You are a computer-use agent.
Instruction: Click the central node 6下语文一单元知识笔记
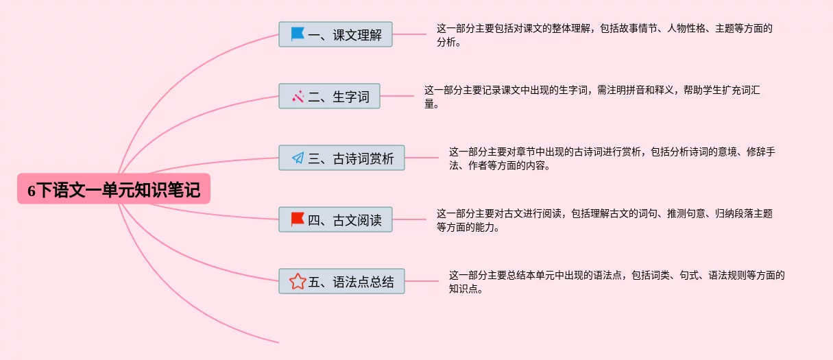pyautogui.click(x=114, y=189)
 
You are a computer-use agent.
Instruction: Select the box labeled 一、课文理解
pyautogui.click(x=335, y=34)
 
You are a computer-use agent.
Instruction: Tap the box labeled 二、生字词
pyautogui.click(x=330, y=96)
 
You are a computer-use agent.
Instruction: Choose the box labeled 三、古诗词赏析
pyautogui.click(x=341, y=158)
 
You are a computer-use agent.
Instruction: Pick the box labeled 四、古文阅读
pyautogui.click(x=335, y=219)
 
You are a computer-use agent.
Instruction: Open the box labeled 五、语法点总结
pyautogui.click(x=341, y=281)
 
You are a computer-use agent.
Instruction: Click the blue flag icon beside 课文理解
pyautogui.click(x=298, y=34)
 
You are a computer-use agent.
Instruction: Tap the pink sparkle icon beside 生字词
pyautogui.click(x=298, y=96)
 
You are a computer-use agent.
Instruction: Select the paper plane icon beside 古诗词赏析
pyautogui.click(x=298, y=158)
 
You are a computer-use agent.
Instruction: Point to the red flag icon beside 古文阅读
pyautogui.click(x=298, y=219)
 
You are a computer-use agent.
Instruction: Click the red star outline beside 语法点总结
pyautogui.click(x=298, y=282)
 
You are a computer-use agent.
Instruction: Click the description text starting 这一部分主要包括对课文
pyautogui.click(x=605, y=35)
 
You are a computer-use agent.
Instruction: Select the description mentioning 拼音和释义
pyautogui.click(x=592, y=97)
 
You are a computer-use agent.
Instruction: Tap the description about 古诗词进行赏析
pyautogui.click(x=612, y=158)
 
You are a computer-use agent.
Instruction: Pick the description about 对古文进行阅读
pyautogui.click(x=605, y=220)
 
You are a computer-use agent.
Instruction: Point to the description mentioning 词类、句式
pyautogui.click(x=617, y=282)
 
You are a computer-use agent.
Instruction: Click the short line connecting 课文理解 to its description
pyautogui.click(x=409, y=34)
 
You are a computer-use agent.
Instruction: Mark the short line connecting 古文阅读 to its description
pyautogui.click(x=409, y=219)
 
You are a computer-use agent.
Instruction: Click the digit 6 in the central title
pyautogui.click(x=32, y=191)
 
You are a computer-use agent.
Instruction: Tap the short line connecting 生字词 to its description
pyautogui.click(x=397, y=96)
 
